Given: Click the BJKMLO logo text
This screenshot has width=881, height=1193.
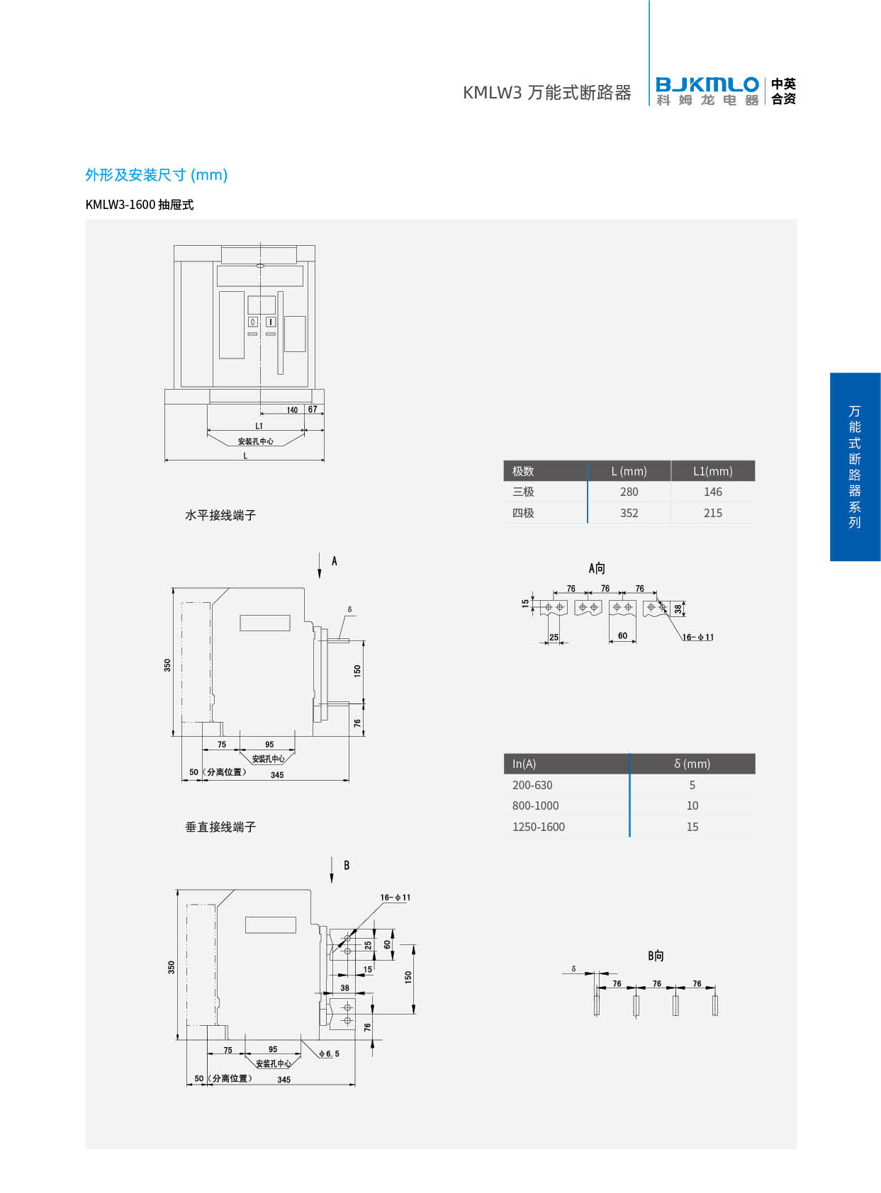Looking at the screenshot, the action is point(707,84).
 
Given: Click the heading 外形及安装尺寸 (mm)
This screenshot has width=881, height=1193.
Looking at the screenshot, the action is point(157,175).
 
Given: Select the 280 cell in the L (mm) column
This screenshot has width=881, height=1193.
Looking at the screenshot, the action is point(629,492).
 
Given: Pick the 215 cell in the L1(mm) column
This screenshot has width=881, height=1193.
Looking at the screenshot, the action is point(712,513).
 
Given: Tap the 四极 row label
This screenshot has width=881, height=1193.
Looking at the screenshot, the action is point(523,513).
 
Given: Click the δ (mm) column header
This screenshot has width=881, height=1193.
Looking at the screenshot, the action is point(692,764).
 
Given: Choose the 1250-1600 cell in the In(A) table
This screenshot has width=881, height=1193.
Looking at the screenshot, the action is point(539,827).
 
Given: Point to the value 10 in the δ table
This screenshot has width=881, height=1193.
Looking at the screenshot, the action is point(692,805).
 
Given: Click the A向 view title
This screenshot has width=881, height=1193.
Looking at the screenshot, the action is point(597,569).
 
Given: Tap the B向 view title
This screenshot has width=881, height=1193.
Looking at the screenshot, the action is point(656,956).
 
